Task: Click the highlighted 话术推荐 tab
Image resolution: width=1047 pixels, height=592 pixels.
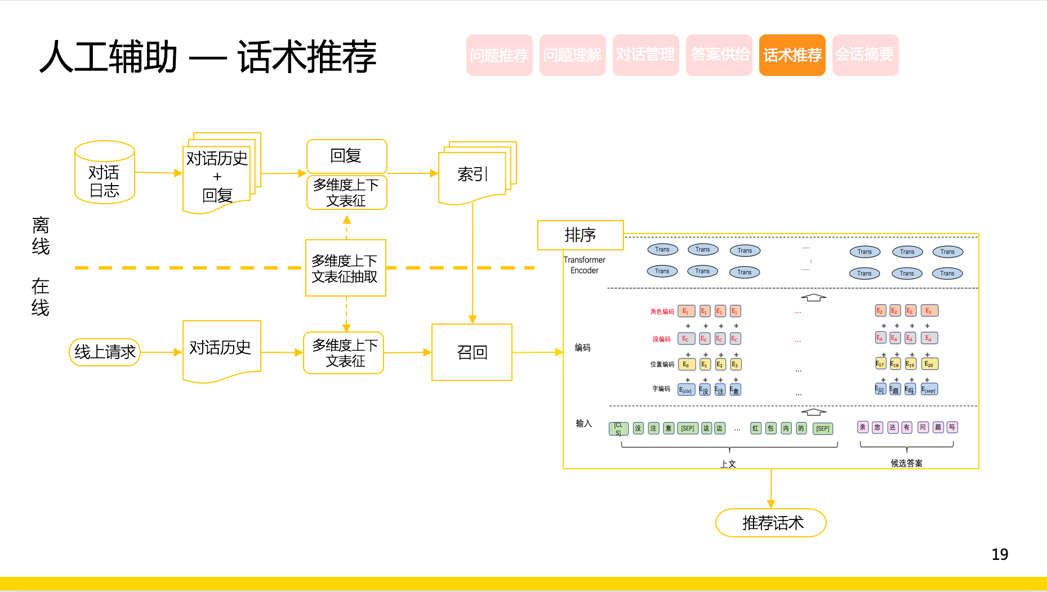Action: pyautogui.click(x=792, y=55)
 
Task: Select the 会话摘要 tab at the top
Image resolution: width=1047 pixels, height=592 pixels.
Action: pyautogui.click(x=865, y=55)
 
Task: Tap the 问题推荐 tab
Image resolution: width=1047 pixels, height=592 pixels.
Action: pyautogui.click(x=499, y=55)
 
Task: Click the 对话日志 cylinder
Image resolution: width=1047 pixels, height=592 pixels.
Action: pyautogui.click(x=105, y=173)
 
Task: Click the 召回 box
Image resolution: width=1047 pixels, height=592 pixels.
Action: pyautogui.click(x=472, y=352)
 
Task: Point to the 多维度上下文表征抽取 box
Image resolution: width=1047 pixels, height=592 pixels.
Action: pyautogui.click(x=345, y=268)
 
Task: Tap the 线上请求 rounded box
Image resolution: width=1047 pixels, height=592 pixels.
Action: pyautogui.click(x=105, y=352)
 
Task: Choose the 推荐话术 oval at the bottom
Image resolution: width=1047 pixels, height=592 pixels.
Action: pyautogui.click(x=770, y=523)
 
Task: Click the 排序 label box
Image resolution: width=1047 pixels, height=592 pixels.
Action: pyautogui.click(x=580, y=235)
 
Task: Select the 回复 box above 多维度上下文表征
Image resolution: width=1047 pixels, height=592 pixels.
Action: pyautogui.click(x=346, y=156)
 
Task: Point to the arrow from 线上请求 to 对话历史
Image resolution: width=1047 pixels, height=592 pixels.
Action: pyautogui.click(x=161, y=352)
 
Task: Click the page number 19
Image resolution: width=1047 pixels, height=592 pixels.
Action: pyautogui.click(x=1000, y=554)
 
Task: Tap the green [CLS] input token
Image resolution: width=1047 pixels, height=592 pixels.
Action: pyautogui.click(x=618, y=428)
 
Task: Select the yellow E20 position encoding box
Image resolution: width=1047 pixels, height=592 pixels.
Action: pyautogui.click(x=929, y=364)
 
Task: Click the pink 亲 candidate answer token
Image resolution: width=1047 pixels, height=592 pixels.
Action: pyautogui.click(x=862, y=427)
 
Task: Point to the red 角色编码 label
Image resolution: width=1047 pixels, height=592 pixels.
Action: pyautogui.click(x=662, y=311)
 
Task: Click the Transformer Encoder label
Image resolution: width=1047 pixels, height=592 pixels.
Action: pyautogui.click(x=584, y=265)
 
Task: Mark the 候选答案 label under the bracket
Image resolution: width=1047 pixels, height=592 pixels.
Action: pyautogui.click(x=906, y=463)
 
